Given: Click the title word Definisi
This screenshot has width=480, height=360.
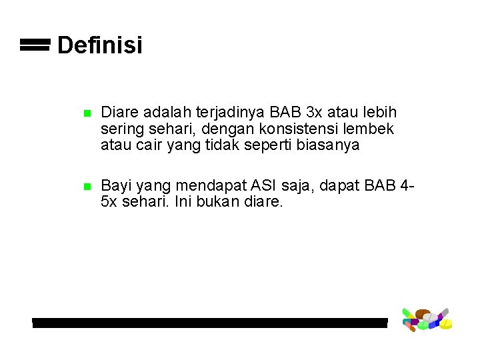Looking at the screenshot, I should point(99,45).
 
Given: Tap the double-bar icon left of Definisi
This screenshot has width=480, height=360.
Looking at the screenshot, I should point(35,45).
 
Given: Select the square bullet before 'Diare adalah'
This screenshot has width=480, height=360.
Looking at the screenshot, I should point(86,114).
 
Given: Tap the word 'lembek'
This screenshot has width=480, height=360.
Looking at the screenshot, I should point(371,129).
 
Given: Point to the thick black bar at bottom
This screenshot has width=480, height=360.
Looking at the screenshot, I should point(209,323).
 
